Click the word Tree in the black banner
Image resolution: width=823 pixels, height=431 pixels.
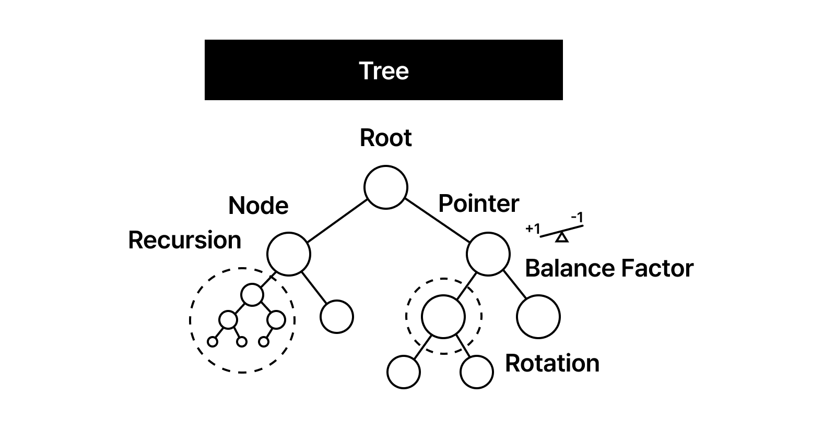pyautogui.click(x=384, y=70)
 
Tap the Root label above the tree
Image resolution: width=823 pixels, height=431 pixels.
pyautogui.click(x=385, y=138)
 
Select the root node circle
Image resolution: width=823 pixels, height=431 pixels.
pyautogui.click(x=385, y=187)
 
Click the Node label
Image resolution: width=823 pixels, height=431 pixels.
pyautogui.click(x=258, y=206)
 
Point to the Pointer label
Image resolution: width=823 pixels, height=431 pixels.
pyautogui.click(x=478, y=203)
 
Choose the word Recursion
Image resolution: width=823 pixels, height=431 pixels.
pyautogui.click(x=184, y=240)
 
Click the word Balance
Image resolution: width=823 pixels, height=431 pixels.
pyautogui.click(x=564, y=268)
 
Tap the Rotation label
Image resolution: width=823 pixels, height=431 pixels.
pyautogui.click(x=552, y=363)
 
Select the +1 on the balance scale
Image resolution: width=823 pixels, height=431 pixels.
pyautogui.click(x=533, y=229)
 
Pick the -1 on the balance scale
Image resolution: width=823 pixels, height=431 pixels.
pyautogui.click(x=577, y=217)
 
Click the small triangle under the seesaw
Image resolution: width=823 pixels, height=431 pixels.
pyautogui.click(x=561, y=238)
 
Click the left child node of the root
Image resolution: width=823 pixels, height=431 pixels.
pyautogui.click(x=288, y=254)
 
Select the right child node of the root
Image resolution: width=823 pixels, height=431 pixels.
pyautogui.click(x=488, y=254)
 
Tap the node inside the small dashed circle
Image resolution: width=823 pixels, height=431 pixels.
pyautogui.click(x=443, y=316)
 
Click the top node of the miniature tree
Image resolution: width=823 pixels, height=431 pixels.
pyautogui.click(x=252, y=294)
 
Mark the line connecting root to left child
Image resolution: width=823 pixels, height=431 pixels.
pyautogui.click(x=337, y=221)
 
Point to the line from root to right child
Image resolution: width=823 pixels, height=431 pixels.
pyautogui.click(x=437, y=221)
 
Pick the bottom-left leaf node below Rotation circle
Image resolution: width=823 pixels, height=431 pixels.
pyautogui.click(x=403, y=372)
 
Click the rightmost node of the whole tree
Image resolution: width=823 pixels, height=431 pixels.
pyautogui.click(x=538, y=316)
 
